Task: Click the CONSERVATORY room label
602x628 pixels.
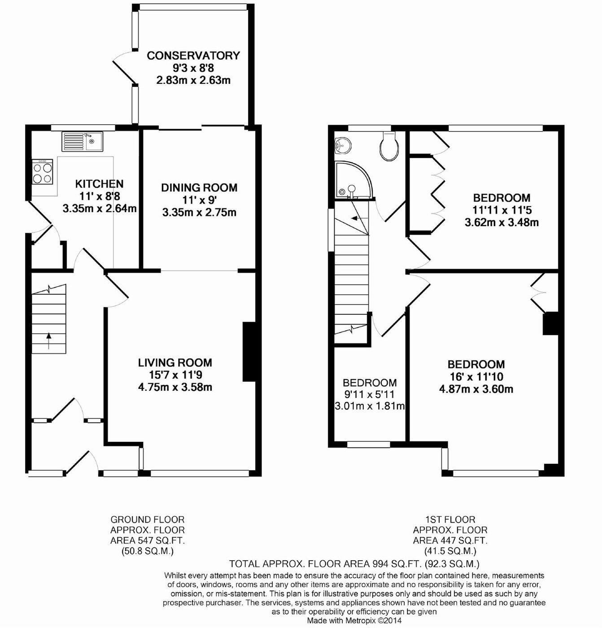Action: click(x=193, y=56)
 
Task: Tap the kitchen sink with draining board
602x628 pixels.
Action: click(x=82, y=142)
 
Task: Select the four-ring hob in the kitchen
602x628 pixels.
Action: click(x=42, y=172)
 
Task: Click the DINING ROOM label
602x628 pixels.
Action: click(x=199, y=188)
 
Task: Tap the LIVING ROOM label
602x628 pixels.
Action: click(x=175, y=363)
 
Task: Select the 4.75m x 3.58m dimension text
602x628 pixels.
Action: click(x=175, y=387)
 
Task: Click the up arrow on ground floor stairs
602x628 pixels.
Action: click(x=48, y=341)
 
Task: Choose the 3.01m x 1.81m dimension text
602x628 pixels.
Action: click(x=370, y=406)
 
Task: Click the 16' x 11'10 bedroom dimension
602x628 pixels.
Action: click(x=476, y=377)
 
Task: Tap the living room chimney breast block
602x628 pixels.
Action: click(x=249, y=352)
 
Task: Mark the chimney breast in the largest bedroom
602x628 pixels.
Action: click(x=550, y=323)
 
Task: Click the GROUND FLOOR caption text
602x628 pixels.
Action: click(x=148, y=519)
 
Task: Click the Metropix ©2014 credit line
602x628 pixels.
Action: click(x=354, y=620)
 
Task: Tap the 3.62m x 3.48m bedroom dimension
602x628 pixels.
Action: click(x=502, y=222)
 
